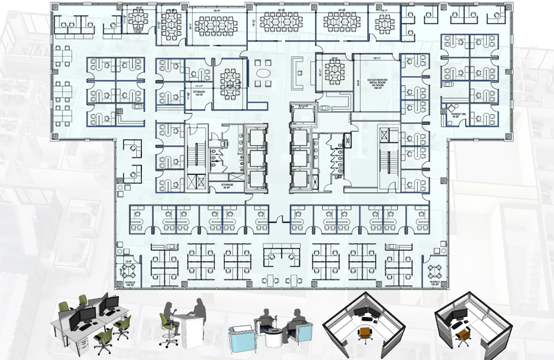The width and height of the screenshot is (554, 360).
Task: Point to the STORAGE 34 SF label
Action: click(x=227, y=186)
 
